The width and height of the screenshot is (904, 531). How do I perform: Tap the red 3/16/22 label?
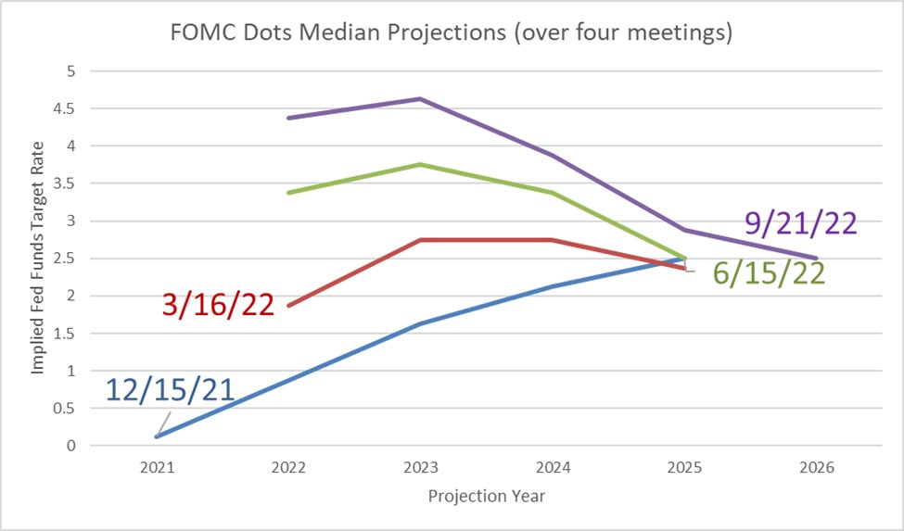pos(218,304)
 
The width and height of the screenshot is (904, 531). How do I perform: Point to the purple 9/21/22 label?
pos(800,223)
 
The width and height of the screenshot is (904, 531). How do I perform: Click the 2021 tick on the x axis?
pos(157,468)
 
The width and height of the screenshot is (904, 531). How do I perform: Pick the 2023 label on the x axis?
pos(421,468)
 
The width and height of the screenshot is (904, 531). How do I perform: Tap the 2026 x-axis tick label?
pos(816,468)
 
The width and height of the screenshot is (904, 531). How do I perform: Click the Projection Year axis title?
pos(486,497)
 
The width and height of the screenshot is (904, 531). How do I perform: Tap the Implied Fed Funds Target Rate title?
pos(38,259)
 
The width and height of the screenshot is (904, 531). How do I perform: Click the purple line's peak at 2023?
pos(421,98)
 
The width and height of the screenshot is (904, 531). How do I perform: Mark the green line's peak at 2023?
pos(421,164)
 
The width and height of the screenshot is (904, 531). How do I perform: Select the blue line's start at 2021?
pos(158,436)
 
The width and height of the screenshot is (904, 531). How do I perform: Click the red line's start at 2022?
pos(289,306)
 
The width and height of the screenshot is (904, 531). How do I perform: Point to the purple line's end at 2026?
pos(816,259)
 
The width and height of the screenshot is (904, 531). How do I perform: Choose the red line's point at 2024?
pos(553,240)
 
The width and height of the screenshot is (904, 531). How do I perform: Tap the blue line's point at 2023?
pos(421,324)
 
